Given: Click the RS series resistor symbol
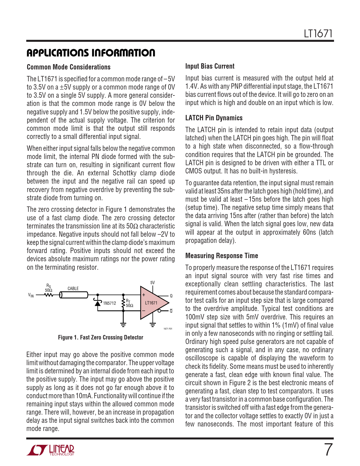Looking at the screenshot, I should click(x=49, y=295).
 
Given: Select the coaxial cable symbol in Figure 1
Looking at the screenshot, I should click(x=74, y=295).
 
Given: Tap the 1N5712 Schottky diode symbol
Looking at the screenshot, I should click(x=98, y=303).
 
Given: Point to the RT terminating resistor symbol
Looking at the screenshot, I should click(x=123, y=303).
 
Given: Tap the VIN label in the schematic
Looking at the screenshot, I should click(x=31, y=295).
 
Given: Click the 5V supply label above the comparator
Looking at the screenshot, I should click(x=152, y=283).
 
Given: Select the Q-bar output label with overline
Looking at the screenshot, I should click(x=171, y=311).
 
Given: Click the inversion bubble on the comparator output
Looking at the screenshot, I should click(x=160, y=311).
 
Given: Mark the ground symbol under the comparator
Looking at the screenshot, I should click(x=152, y=325).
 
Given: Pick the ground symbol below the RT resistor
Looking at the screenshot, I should click(x=123, y=325).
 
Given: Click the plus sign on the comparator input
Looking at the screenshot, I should click(x=144, y=295).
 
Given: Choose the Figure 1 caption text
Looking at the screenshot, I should click(x=101, y=337).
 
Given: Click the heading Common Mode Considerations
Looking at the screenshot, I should click(x=69, y=67).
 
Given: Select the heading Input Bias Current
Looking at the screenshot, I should click(x=210, y=66).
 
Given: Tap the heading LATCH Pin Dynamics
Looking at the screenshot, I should click(x=214, y=118).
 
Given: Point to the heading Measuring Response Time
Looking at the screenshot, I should click(x=222, y=256).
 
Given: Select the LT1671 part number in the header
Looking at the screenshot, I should click(x=318, y=34).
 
